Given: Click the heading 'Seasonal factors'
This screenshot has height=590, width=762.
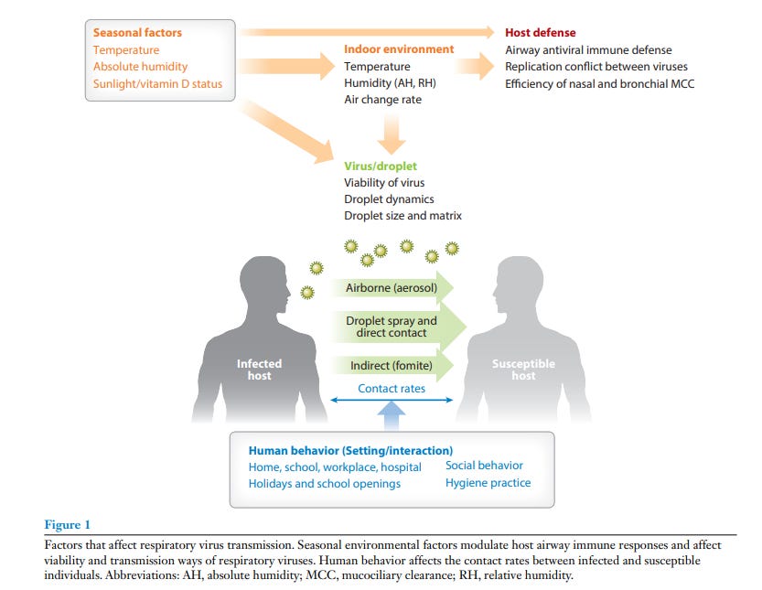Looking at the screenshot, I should pos(137,33).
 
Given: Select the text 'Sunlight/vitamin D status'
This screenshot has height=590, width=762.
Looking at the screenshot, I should pos(157,83).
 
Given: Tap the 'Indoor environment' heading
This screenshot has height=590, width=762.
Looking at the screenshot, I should pos(399,49).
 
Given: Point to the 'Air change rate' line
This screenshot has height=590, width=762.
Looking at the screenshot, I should pos(382,99).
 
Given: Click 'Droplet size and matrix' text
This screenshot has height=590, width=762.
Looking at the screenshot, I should pos(402,216).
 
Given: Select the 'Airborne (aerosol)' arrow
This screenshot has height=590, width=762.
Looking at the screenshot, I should pos(392,288).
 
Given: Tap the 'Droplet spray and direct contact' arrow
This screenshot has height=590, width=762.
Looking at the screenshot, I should pos(392,327).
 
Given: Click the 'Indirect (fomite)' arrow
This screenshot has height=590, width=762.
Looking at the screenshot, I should pos(391,366).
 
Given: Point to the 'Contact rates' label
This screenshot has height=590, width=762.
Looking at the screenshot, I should pos(392,389).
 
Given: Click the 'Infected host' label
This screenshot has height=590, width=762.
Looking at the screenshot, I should pos(259,370).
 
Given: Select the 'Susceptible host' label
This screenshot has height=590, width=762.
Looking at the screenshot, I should pos(523,370).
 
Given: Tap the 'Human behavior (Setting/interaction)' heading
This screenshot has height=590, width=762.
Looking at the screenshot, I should pos(350,451).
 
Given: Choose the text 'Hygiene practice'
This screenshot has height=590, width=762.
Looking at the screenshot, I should pos(488,483).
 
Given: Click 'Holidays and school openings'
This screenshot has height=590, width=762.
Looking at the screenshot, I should pos(324,484).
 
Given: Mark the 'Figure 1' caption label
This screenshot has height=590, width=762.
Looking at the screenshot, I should pos(68,524).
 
